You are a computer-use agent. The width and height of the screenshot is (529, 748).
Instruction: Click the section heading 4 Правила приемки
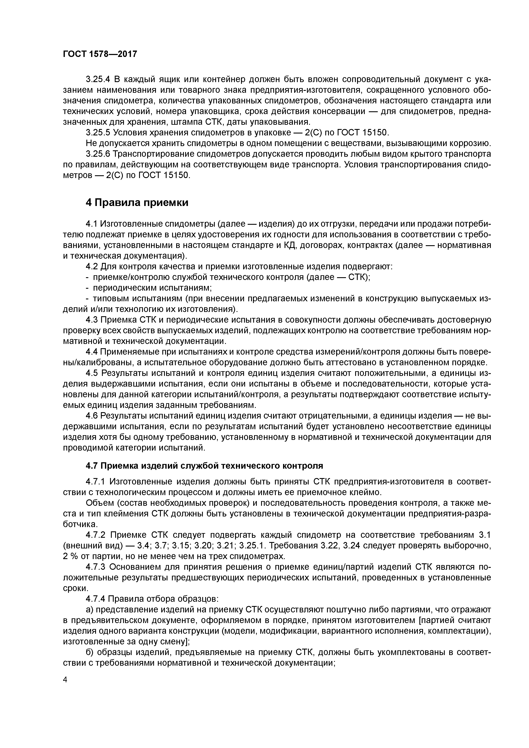tap(137, 203)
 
